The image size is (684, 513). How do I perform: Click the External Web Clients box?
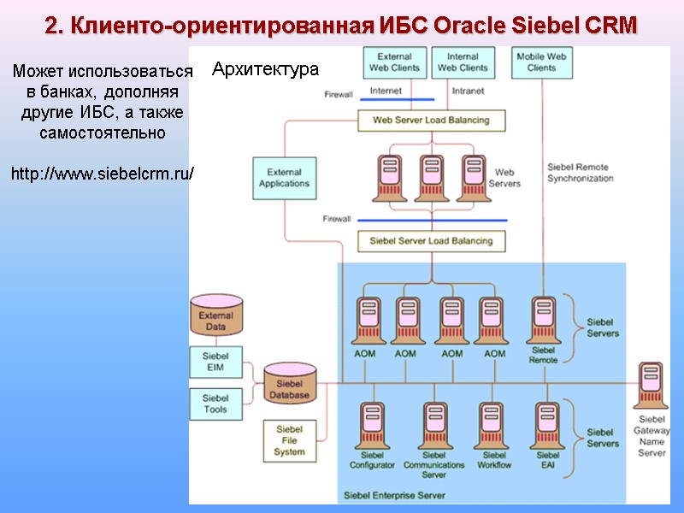[394, 62]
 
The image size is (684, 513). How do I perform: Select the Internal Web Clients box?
[463, 62]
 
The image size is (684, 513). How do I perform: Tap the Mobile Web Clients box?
[541, 62]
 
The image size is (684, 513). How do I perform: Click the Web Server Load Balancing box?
[431, 121]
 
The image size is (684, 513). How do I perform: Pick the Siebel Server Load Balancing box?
[431, 241]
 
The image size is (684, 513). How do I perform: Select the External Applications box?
[285, 178]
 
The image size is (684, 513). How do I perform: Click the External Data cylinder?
[215, 317]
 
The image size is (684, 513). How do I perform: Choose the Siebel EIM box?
[215, 363]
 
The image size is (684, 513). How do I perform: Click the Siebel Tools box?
[215, 404]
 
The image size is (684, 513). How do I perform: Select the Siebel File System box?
[289, 440]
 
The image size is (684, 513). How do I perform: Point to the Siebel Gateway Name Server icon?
[652, 387]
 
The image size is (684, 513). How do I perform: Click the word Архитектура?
[265, 69]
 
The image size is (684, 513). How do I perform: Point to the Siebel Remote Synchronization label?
[580, 173]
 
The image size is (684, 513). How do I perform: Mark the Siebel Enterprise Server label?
[394, 495]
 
